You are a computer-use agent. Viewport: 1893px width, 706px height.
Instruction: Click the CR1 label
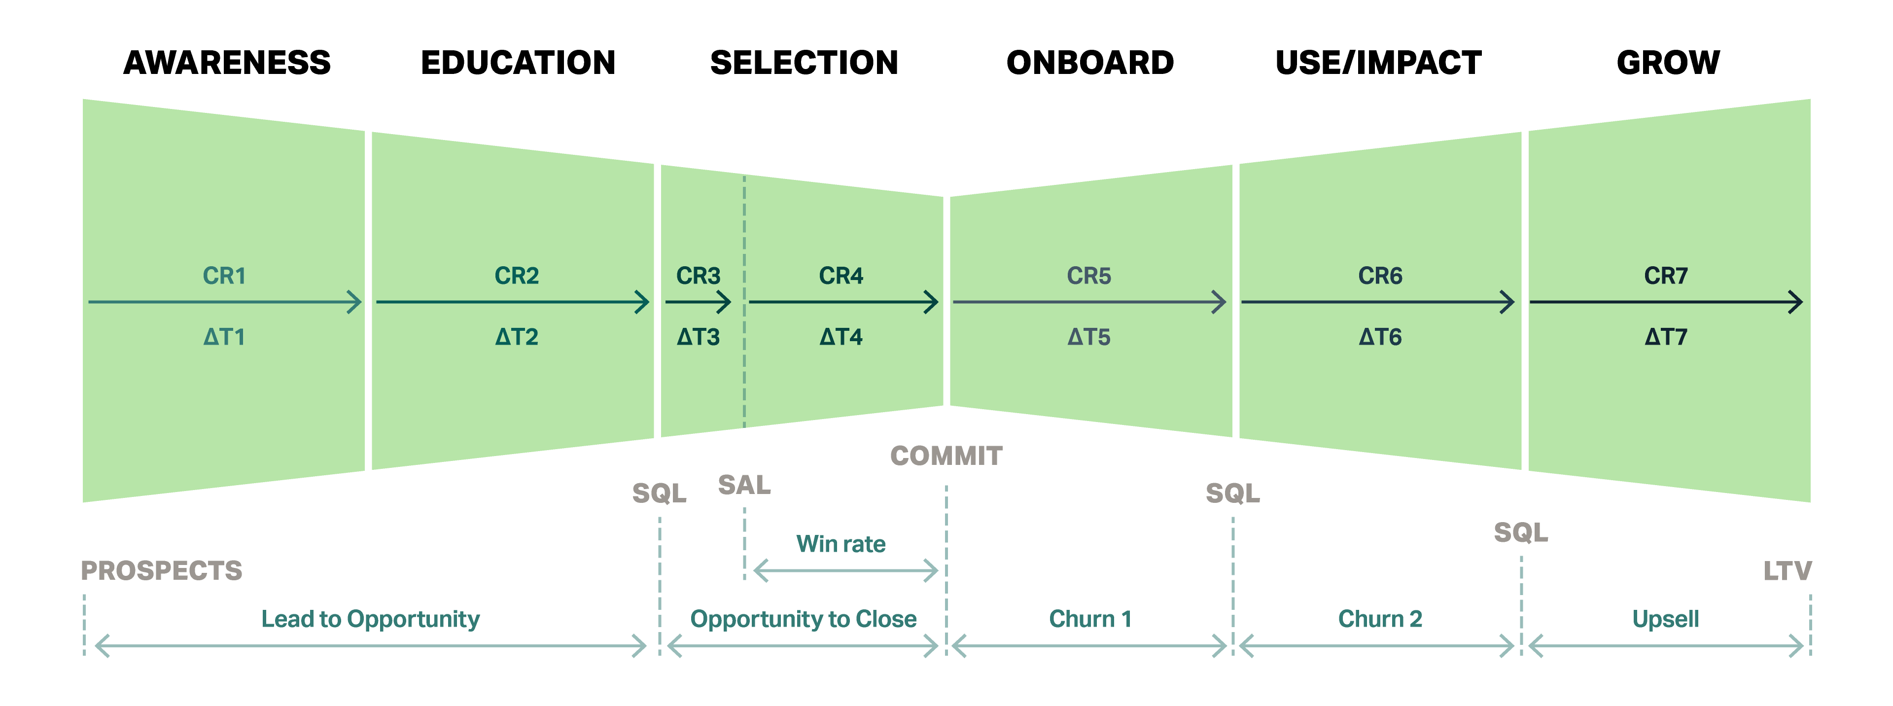(x=224, y=276)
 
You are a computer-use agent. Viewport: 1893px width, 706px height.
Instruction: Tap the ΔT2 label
(x=517, y=337)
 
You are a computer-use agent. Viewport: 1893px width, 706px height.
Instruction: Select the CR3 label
(x=698, y=276)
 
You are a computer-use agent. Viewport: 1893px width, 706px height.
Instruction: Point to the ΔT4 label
(x=841, y=337)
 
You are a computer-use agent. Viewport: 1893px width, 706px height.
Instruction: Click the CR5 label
(x=1088, y=276)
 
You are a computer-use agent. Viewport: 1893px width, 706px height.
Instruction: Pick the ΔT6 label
(x=1380, y=337)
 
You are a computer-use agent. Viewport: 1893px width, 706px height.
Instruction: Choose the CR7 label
(x=1665, y=276)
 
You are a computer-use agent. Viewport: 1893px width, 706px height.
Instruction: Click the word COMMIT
(x=946, y=456)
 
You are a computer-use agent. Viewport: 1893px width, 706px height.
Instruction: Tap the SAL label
(x=744, y=485)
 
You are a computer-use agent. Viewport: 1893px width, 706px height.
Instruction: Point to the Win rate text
(x=841, y=544)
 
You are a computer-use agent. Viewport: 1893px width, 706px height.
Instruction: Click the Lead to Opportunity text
(x=370, y=619)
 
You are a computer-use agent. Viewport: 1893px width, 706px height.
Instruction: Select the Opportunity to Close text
(x=803, y=619)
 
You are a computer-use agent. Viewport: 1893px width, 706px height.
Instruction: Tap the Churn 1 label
(x=1090, y=619)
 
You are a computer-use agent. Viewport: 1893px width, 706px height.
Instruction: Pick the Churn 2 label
(x=1380, y=619)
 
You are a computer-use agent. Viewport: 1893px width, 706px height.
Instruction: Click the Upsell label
(x=1665, y=619)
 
